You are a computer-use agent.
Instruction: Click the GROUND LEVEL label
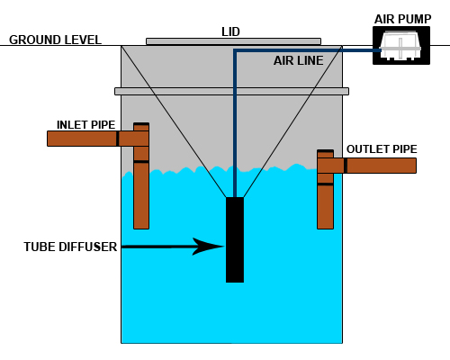(x=55, y=40)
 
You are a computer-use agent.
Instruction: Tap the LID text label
(x=230, y=31)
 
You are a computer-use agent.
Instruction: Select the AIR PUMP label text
(x=402, y=19)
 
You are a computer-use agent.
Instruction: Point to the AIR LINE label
(x=299, y=60)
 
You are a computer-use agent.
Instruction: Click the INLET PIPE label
(x=85, y=125)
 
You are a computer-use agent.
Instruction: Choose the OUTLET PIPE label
(x=382, y=149)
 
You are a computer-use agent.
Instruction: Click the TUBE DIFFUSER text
(x=70, y=247)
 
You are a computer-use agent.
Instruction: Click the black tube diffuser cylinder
(x=235, y=239)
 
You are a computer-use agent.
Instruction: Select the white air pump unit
(x=400, y=45)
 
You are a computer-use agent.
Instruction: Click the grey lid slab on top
(x=233, y=41)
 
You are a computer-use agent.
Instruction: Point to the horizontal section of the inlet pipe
(x=98, y=139)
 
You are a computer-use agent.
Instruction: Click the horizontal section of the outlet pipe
(x=366, y=166)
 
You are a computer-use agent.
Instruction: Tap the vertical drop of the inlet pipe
(x=141, y=175)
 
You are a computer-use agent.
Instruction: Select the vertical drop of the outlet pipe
(x=325, y=190)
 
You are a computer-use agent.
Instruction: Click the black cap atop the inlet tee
(x=141, y=124)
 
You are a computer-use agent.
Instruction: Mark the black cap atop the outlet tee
(x=325, y=151)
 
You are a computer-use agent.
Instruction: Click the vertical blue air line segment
(x=235, y=123)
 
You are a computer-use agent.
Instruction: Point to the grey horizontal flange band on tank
(x=231, y=91)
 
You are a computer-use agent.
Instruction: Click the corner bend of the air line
(x=235, y=50)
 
